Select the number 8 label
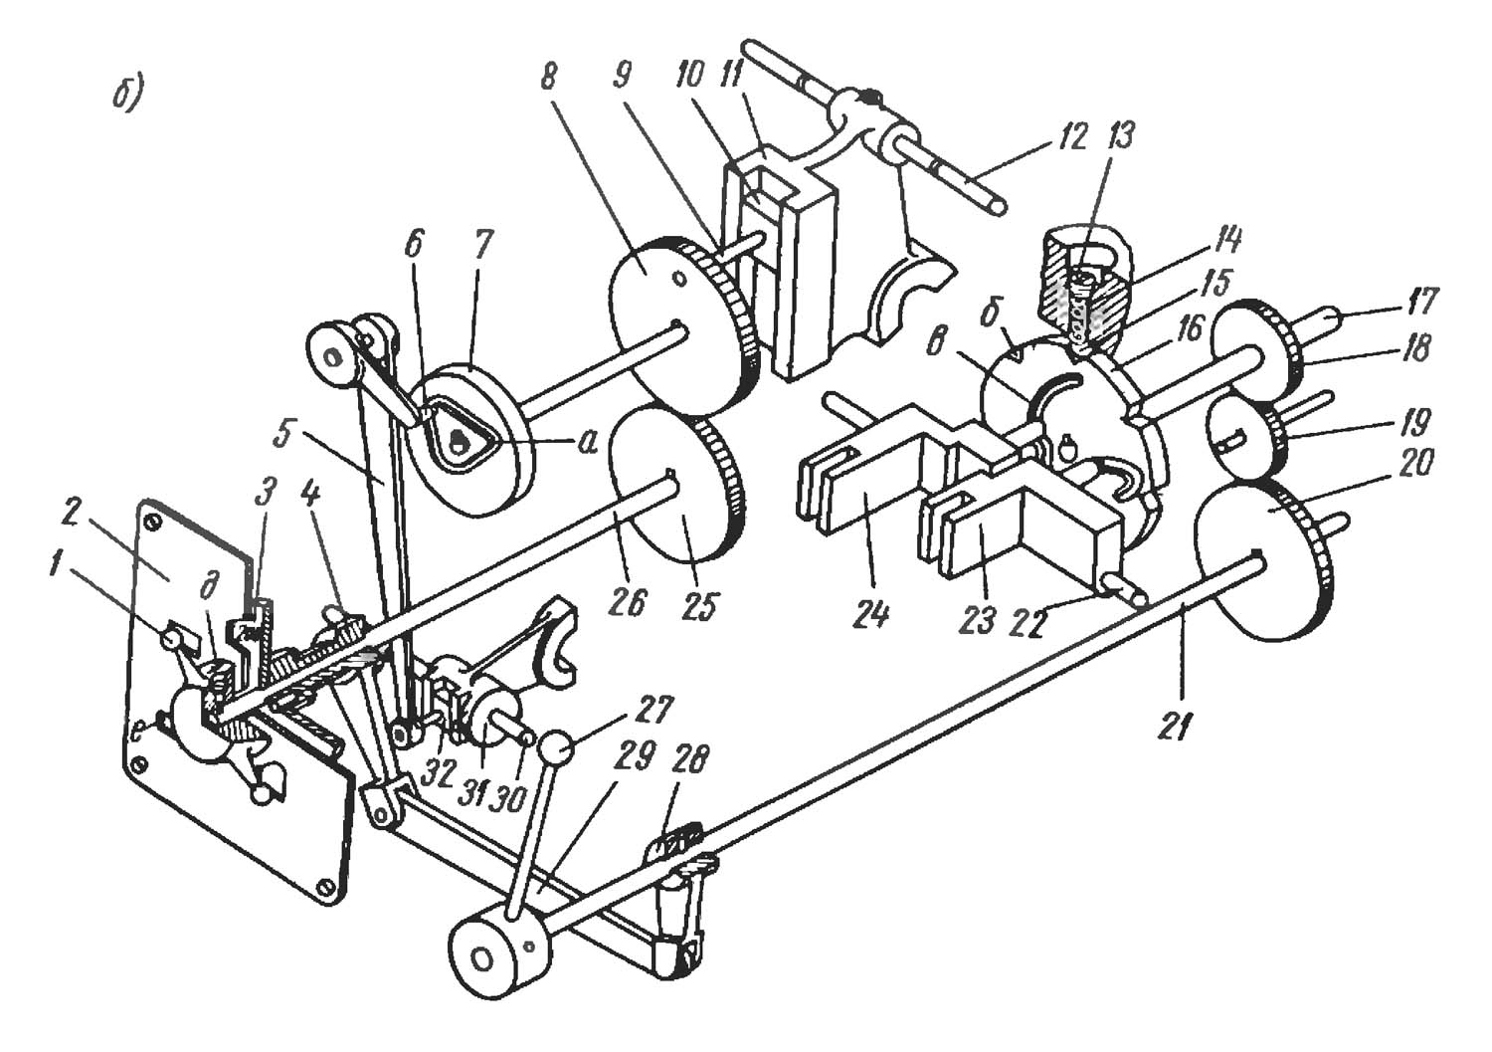(548, 80)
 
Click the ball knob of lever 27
(559, 750)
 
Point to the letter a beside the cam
(586, 444)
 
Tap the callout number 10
(688, 76)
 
